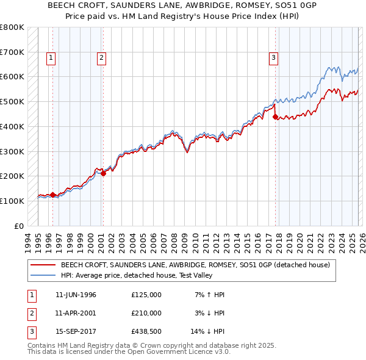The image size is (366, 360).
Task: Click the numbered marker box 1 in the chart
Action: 51,58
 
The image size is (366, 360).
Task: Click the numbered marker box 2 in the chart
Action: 101,58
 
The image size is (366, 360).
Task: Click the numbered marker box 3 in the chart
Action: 274,58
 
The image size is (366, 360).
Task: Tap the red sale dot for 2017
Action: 276,117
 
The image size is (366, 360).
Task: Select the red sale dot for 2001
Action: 103,173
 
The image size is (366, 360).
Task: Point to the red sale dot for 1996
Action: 52,195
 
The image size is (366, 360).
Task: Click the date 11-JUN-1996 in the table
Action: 76,295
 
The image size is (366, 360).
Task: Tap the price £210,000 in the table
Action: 146,313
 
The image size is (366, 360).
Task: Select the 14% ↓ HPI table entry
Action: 208,331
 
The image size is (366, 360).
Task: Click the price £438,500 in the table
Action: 146,331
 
